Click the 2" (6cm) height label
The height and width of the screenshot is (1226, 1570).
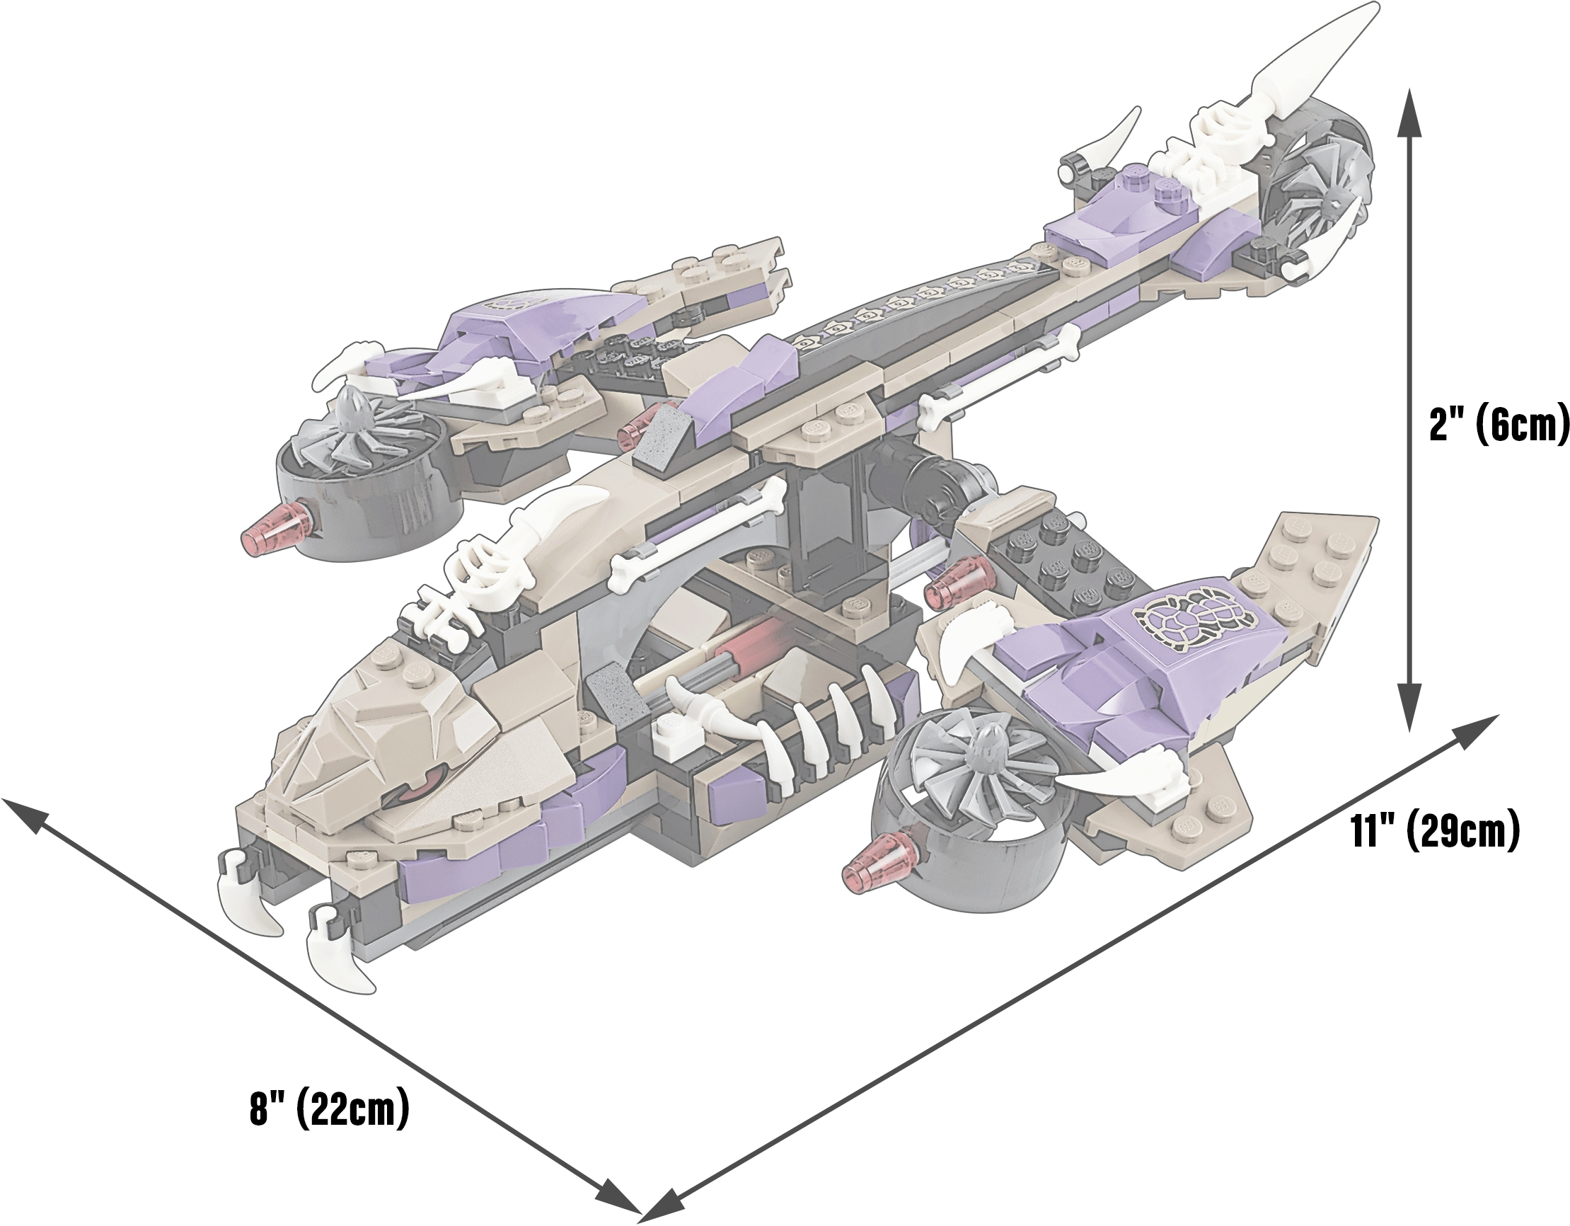pos(1498,426)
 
